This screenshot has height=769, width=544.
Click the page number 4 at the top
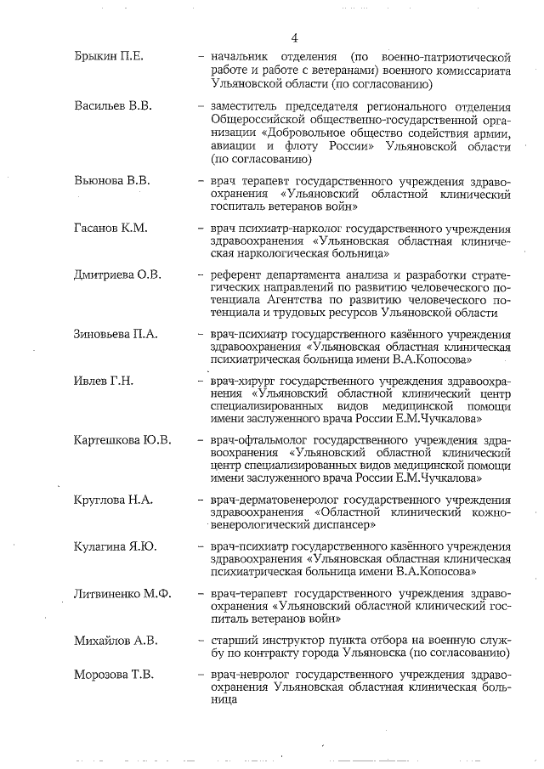(x=294, y=38)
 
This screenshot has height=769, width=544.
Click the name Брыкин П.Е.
(x=108, y=57)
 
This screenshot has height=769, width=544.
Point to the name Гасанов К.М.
(x=111, y=229)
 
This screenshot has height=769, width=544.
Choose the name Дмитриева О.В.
(x=117, y=275)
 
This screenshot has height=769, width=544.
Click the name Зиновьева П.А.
(x=116, y=335)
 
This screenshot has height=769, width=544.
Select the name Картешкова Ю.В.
(x=122, y=440)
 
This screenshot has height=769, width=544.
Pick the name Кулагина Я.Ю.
(x=115, y=546)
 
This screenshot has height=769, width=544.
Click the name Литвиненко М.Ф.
(x=122, y=593)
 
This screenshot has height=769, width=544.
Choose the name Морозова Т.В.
(x=114, y=676)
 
